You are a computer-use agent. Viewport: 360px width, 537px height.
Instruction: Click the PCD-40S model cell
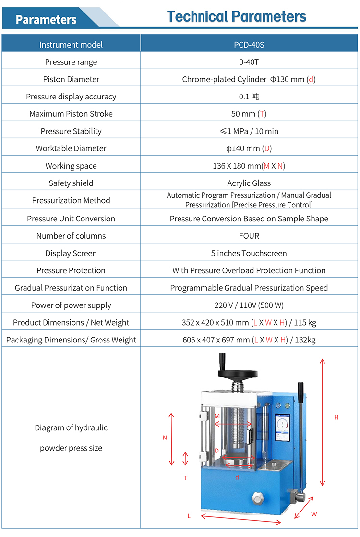[x=249, y=45]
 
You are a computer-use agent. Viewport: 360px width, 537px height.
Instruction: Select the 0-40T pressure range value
[x=249, y=62]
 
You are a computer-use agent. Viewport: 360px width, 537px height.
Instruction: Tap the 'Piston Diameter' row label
[x=71, y=79]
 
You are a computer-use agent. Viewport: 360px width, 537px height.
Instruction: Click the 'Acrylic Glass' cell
[x=249, y=183]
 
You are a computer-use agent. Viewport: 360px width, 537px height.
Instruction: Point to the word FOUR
[x=249, y=236]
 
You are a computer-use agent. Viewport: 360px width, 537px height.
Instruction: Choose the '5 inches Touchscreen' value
[x=249, y=253]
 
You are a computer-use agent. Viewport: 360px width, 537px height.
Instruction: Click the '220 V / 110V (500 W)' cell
[x=249, y=305]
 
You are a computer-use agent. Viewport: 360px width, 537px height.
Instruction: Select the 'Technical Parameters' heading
[x=237, y=17]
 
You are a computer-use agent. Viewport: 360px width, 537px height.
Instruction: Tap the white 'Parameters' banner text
[x=46, y=20]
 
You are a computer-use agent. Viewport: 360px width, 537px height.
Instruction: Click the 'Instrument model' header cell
[x=71, y=45]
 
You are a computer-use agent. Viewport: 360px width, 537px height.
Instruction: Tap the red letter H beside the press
[x=336, y=417]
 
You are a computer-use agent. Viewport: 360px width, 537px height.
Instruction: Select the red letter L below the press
[x=189, y=516]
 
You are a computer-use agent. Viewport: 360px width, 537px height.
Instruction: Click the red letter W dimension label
[x=314, y=513]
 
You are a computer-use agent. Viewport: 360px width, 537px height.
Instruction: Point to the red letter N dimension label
[x=165, y=438]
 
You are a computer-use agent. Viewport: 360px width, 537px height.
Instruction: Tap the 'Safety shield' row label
[x=71, y=183]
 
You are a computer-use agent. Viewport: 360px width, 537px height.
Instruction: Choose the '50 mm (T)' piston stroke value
[x=249, y=114]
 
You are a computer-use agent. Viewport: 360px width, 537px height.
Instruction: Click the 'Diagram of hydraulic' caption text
[x=71, y=427]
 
